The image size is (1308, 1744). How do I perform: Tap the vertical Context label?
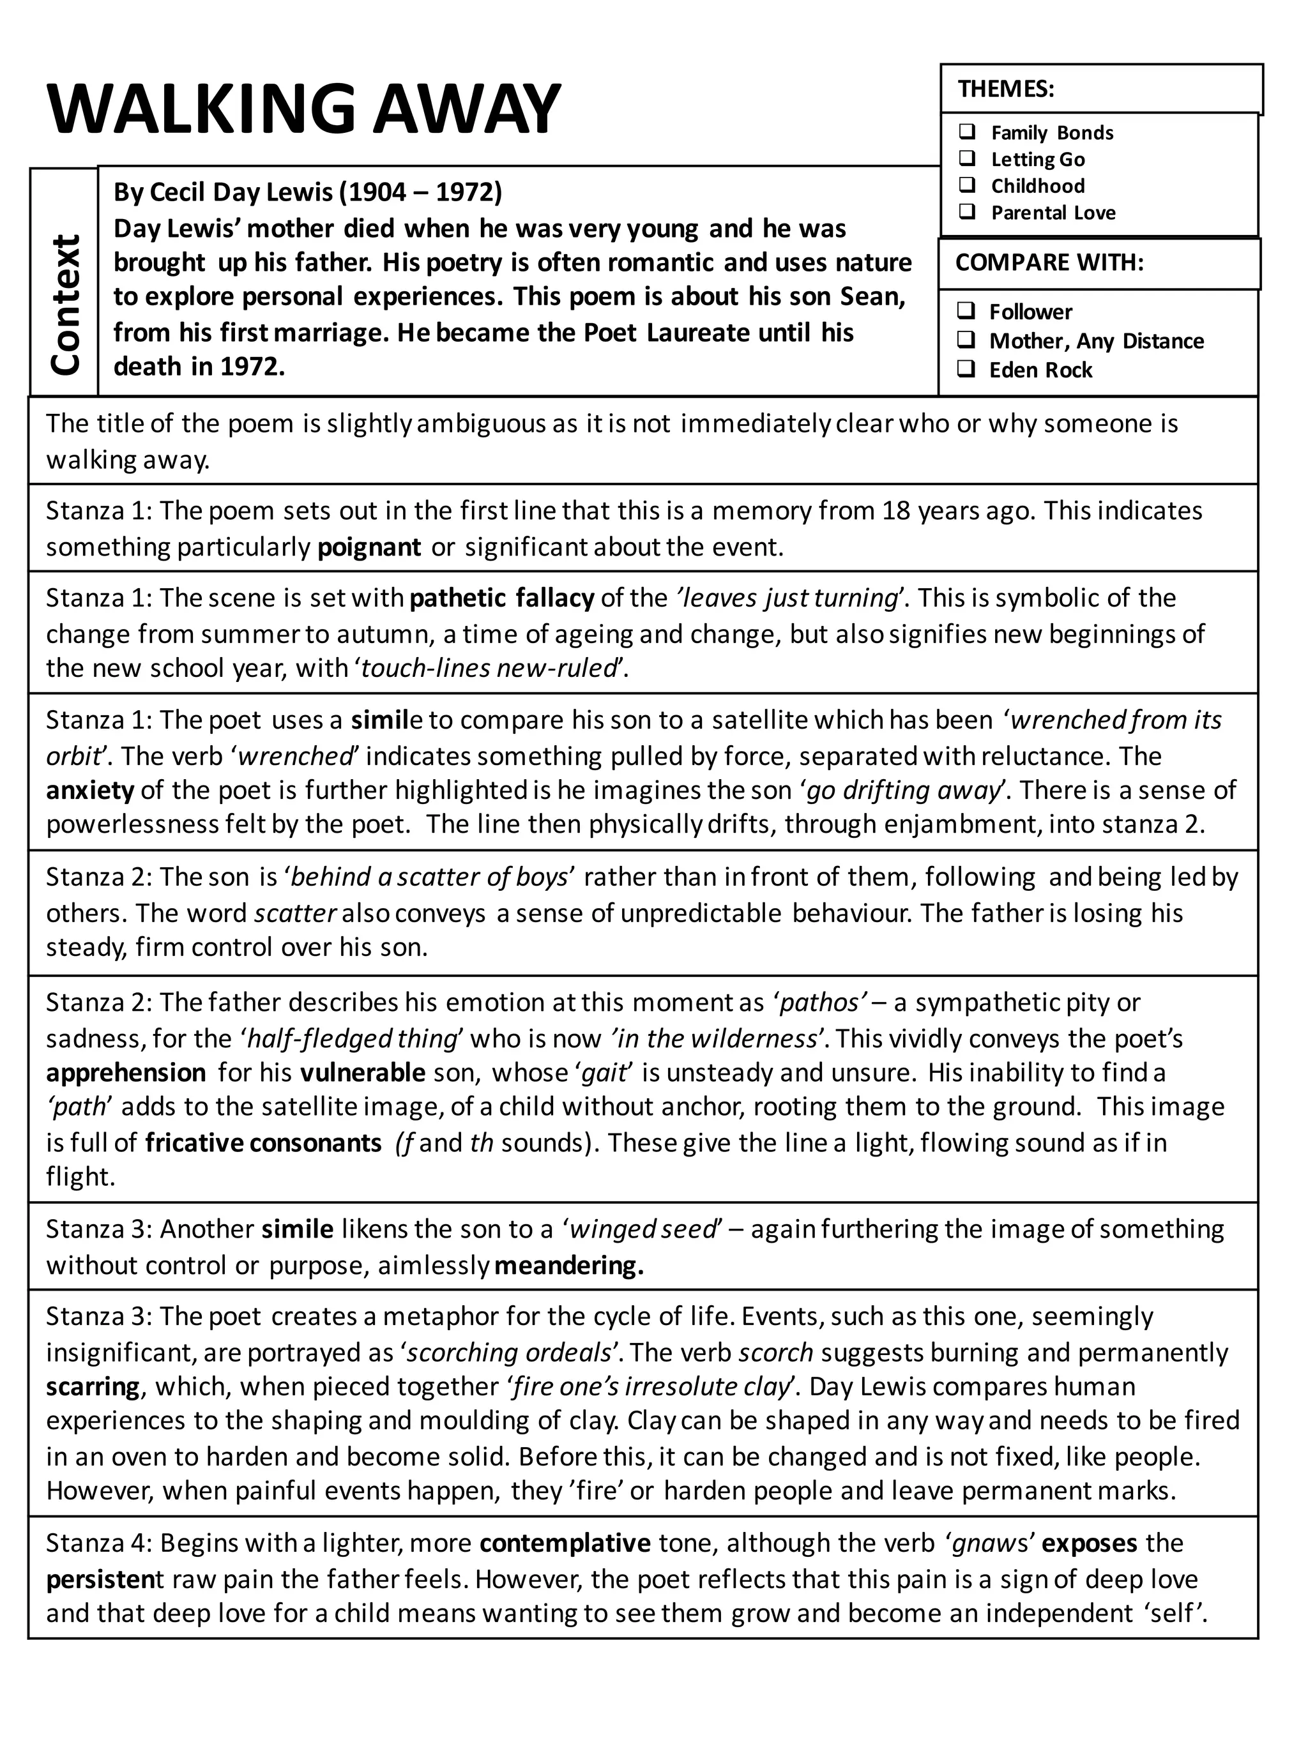[x=65, y=303]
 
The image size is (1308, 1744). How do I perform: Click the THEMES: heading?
[x=1006, y=88]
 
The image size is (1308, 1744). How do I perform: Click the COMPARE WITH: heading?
[x=1049, y=262]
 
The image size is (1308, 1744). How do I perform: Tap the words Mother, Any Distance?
[x=1096, y=340]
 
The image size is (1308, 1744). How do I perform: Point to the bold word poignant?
[x=369, y=547]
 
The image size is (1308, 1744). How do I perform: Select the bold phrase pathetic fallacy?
[x=501, y=598]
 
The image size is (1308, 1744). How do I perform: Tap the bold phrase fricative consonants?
[x=263, y=1142]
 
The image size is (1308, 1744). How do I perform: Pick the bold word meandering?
[x=568, y=1266]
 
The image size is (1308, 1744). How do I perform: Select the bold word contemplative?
[x=565, y=1543]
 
